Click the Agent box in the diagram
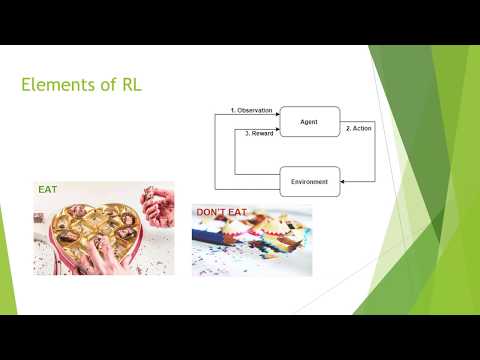click(310, 121)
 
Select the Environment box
click(310, 181)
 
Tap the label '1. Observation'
click(252, 108)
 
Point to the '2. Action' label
click(359, 128)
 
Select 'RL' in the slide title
click(129, 85)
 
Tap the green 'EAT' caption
click(48, 187)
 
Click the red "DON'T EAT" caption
click(221, 212)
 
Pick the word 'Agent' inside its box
click(309, 121)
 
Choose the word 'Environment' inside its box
click(310, 181)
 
